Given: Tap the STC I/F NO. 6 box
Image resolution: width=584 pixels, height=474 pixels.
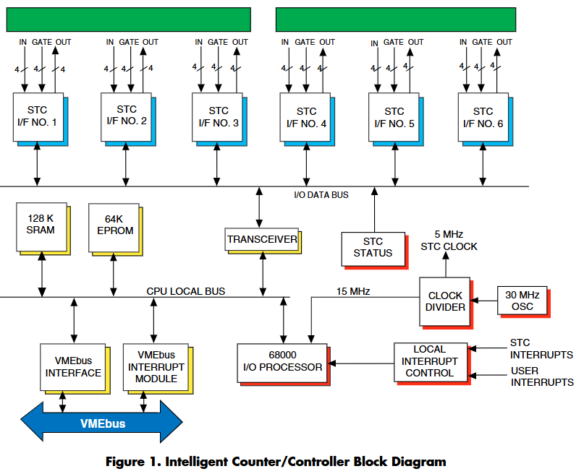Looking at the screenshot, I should tap(483, 118).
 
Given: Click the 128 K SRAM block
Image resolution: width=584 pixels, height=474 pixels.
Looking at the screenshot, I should tap(41, 225).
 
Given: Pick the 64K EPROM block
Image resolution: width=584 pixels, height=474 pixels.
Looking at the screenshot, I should tap(113, 225).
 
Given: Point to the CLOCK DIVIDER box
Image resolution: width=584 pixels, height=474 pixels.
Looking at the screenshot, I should tap(445, 301).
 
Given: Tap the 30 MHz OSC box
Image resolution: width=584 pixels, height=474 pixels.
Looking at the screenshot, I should tap(520, 299).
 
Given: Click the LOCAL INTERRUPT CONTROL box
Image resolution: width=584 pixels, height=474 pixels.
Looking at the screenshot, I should tap(430, 361).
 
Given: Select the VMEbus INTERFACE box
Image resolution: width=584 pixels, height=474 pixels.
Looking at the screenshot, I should tap(73, 367).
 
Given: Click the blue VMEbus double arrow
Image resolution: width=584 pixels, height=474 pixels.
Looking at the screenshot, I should tap(101, 423).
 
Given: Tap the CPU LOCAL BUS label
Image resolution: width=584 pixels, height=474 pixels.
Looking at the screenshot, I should tap(185, 291).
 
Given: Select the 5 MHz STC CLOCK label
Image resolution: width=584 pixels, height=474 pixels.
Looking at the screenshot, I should tap(449, 241).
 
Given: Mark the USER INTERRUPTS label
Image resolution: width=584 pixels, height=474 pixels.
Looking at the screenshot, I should tap(542, 377).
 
